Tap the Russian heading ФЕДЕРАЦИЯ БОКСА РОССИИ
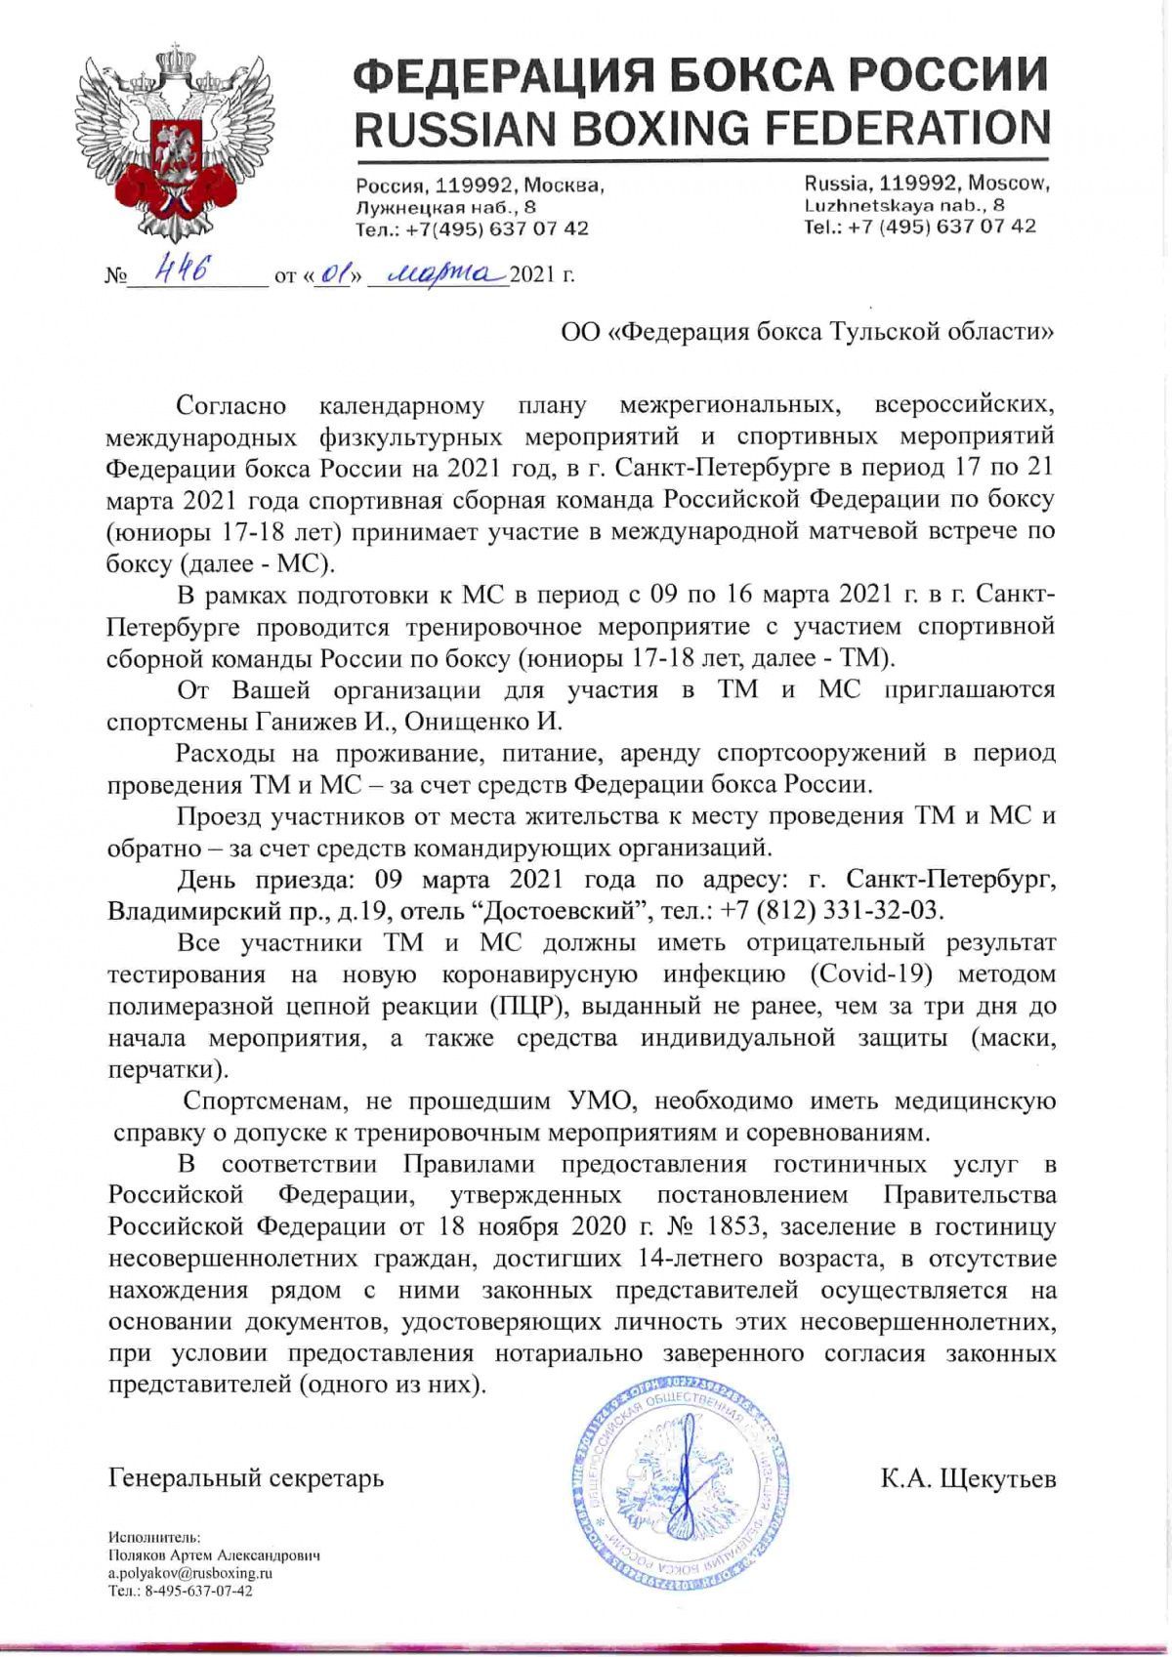[x=701, y=75]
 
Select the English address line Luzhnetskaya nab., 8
[x=903, y=205]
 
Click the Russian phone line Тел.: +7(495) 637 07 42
[x=472, y=228]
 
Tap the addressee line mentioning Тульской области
[x=807, y=332]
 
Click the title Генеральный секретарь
[x=246, y=1478]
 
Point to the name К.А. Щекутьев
[x=968, y=1478]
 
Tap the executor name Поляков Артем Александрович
[x=214, y=1555]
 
